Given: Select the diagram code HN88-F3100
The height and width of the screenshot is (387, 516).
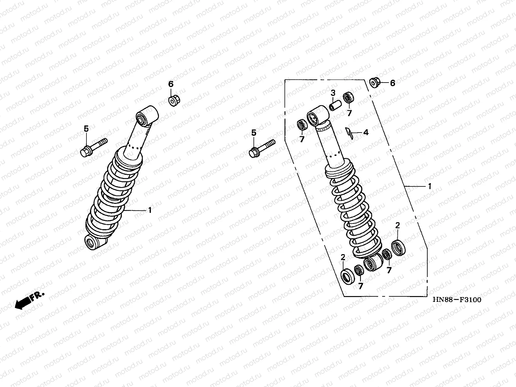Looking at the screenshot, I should tap(457, 300).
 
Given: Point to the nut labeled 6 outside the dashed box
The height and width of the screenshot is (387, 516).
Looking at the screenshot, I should tap(375, 83).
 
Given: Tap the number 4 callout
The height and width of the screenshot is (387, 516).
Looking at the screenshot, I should tap(366, 132).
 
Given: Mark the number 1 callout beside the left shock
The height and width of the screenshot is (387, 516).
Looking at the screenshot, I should tap(150, 210).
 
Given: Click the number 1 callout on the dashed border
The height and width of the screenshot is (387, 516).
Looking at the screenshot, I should tap(429, 186).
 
